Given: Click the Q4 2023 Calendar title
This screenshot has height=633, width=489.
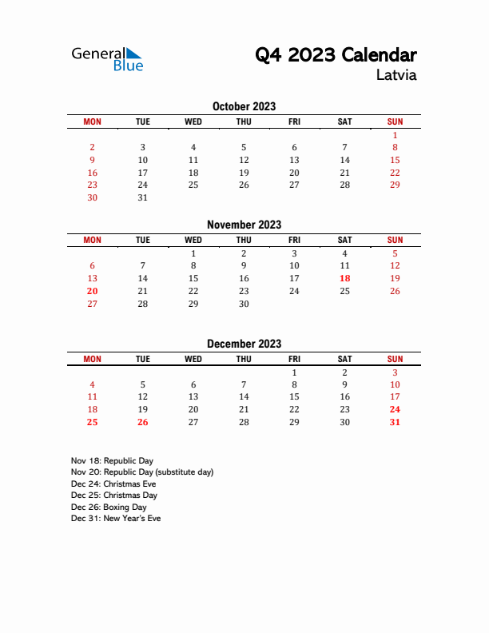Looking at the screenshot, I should [x=336, y=55].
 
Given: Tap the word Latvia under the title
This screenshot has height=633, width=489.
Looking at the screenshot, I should [x=396, y=76].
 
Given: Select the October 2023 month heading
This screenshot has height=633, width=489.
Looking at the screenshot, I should [x=244, y=106].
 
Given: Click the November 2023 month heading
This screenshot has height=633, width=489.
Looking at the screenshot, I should [x=244, y=225].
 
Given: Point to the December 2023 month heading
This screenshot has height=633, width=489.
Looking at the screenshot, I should [x=244, y=344].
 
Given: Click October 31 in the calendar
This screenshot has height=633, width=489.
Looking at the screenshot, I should [x=142, y=197].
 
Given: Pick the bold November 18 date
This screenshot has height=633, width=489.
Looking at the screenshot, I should [x=344, y=278].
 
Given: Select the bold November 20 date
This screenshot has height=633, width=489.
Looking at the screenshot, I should [x=92, y=291].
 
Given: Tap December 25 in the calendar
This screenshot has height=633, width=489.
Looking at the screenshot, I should [x=92, y=422].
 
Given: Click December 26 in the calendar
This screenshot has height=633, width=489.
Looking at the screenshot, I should [x=142, y=422].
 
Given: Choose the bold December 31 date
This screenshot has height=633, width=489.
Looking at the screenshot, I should [x=395, y=422].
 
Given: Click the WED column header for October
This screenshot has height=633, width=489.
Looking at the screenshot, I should [x=193, y=121].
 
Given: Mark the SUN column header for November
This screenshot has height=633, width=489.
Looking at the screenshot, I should [x=395, y=240].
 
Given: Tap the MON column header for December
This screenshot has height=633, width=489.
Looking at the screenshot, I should [x=92, y=359].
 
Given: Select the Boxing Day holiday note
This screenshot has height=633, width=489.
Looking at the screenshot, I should [x=109, y=507].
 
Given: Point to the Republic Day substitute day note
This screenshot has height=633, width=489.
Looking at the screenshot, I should [x=142, y=472].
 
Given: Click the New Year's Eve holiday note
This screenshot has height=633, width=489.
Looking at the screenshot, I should [x=116, y=518].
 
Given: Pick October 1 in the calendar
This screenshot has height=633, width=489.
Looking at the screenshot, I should [x=395, y=135].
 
